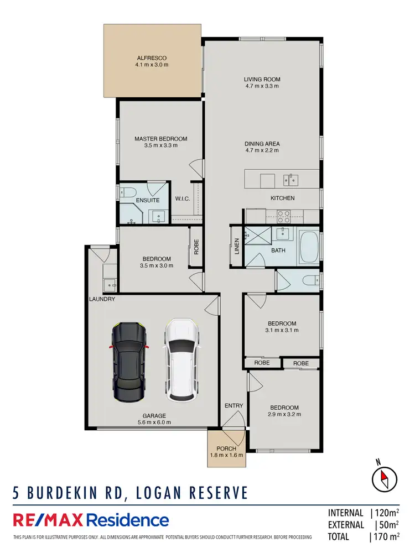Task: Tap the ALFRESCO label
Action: point(152,58)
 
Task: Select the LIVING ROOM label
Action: point(262,79)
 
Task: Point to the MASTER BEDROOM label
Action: point(160,139)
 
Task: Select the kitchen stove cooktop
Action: point(284,216)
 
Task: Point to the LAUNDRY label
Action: point(102,299)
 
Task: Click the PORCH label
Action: point(227,448)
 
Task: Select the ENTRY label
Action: point(234,406)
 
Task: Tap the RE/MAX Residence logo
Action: point(91,520)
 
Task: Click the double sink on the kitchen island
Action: point(290,179)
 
